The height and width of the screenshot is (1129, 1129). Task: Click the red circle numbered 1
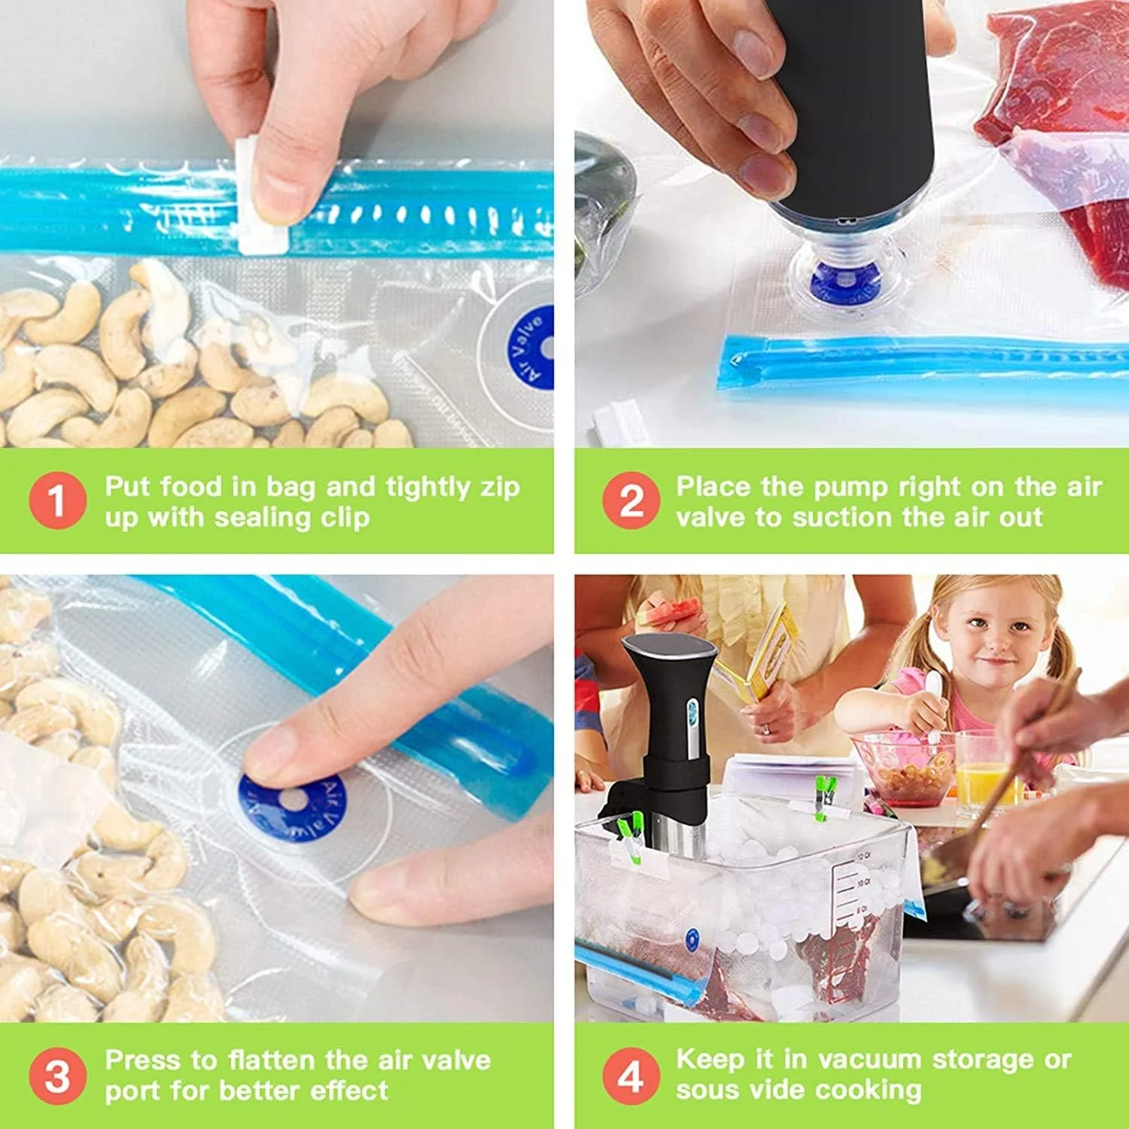click(57, 501)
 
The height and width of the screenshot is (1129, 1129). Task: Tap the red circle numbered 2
click(630, 501)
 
